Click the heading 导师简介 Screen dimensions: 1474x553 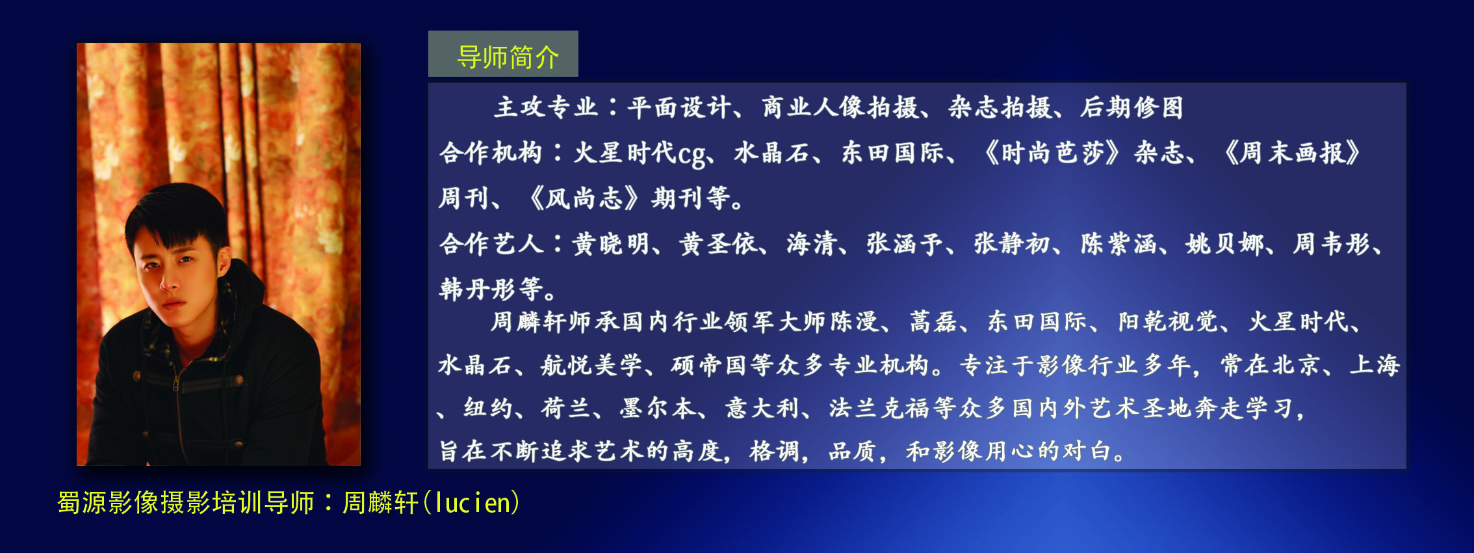(x=508, y=57)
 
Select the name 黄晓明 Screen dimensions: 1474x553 (x=611, y=244)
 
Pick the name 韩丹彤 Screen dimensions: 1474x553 (x=478, y=289)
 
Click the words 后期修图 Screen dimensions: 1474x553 (x=1132, y=107)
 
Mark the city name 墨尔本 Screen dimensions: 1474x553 (x=658, y=409)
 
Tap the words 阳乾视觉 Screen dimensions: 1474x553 (x=1169, y=322)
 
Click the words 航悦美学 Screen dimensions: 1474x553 (x=591, y=365)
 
